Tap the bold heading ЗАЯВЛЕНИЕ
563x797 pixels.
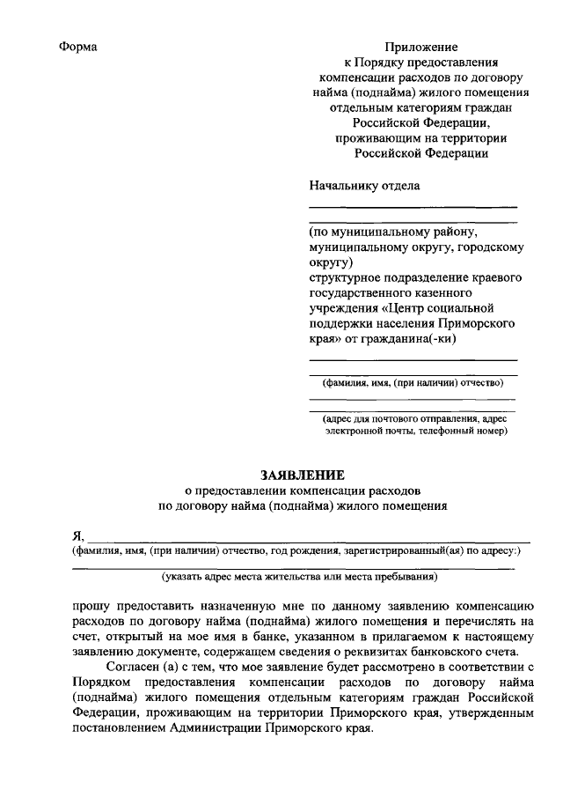click(x=303, y=473)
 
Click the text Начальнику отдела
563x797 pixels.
click(x=364, y=186)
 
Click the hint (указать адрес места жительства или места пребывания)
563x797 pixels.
click(x=300, y=578)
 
